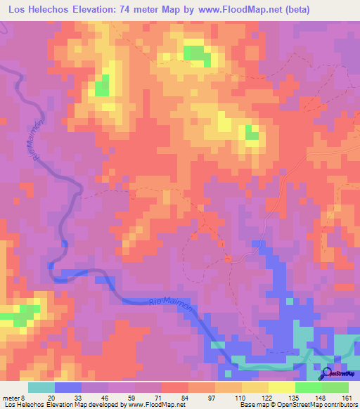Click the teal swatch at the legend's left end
(41, 387)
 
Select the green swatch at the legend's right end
(335, 387)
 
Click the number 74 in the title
(131, 11)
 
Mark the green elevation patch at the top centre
(197, 53)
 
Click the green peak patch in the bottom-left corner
(24, 312)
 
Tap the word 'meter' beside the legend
(11, 397)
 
